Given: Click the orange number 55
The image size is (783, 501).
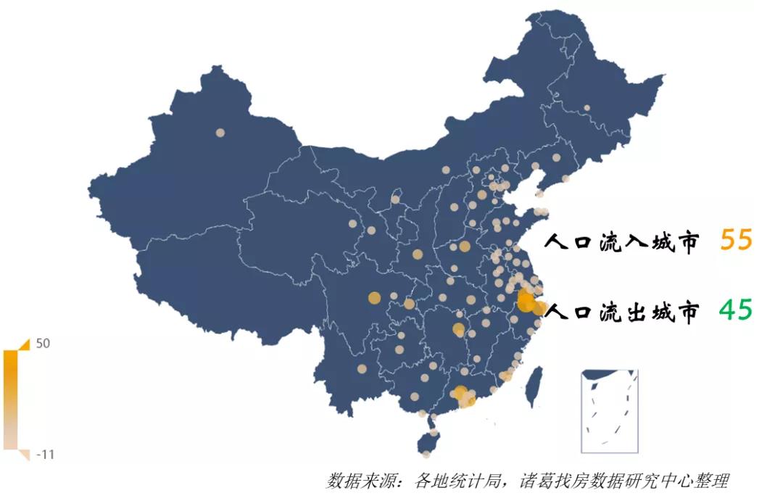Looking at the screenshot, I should (x=737, y=240).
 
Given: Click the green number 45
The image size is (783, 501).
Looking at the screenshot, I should (x=736, y=310).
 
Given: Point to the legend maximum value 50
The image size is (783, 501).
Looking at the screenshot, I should (x=43, y=344).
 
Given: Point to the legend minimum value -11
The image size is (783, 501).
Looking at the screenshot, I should (x=45, y=455).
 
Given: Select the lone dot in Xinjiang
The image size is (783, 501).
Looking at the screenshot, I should (x=220, y=133).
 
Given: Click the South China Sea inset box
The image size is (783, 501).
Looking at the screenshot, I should (x=610, y=410).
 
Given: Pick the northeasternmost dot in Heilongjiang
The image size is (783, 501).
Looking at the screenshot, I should (x=587, y=108).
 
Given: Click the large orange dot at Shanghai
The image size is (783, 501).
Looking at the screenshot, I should (x=539, y=308).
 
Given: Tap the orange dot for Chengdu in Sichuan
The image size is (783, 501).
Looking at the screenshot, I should (x=374, y=297).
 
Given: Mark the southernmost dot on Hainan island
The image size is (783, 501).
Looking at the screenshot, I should (x=426, y=455).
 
